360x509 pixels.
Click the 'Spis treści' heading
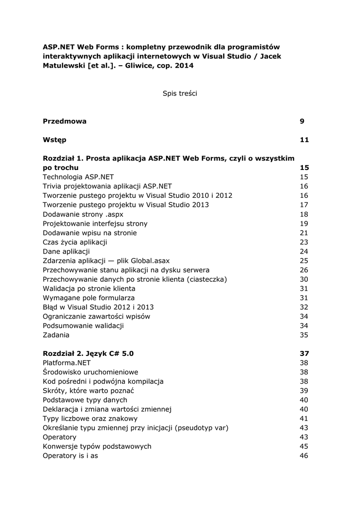point(180,93)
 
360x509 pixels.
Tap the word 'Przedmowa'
point(65,121)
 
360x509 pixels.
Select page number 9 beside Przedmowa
point(302,121)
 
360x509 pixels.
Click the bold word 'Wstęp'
point(54,140)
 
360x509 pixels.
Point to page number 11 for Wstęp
point(304,140)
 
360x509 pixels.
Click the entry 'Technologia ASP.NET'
point(78,177)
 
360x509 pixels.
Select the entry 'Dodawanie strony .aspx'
point(83,214)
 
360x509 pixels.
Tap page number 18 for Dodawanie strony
point(304,214)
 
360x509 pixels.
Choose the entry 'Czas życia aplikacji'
point(75,242)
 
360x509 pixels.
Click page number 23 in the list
point(304,242)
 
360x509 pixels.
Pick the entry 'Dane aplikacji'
point(66,252)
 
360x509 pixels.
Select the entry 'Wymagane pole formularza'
point(89,298)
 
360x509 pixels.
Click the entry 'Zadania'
point(56,335)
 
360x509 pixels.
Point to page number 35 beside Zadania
point(304,335)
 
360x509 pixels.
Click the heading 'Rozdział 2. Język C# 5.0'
point(88,353)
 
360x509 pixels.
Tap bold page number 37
point(304,353)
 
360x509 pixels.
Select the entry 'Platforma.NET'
point(67,363)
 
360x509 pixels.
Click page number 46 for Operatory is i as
point(304,456)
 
